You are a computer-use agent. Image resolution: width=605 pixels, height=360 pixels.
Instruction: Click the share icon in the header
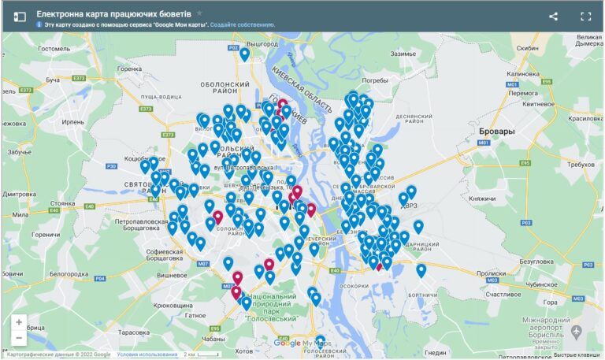click(553, 16)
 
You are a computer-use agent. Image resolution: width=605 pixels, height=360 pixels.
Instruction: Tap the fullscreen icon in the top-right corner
click(585, 16)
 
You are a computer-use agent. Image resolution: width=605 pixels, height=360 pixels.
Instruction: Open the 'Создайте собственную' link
click(243, 25)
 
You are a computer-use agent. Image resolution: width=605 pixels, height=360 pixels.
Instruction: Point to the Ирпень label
click(72, 123)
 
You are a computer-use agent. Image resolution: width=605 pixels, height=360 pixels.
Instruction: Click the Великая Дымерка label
click(588, 40)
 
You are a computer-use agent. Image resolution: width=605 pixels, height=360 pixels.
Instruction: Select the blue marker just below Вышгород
click(244, 54)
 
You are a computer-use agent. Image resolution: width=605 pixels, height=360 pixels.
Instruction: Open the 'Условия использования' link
click(147, 354)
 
